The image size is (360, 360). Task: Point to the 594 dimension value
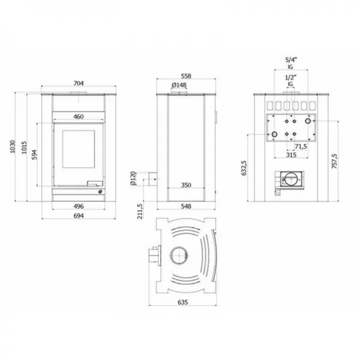pos(34,154)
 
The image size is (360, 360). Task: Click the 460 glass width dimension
pos(79,116)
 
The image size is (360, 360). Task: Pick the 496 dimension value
pos(79,206)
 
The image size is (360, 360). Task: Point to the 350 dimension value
pos(186,185)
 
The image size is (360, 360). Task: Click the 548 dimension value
pos(186,206)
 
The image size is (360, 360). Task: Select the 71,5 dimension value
pos(301,146)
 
